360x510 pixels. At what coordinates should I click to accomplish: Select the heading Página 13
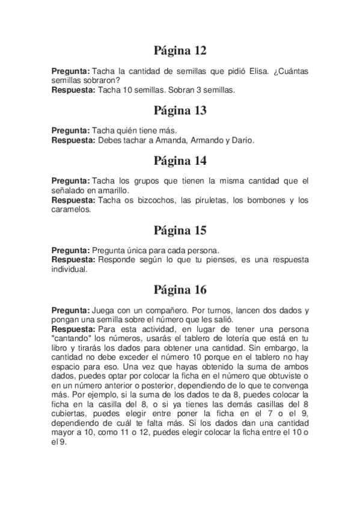[x=180, y=110]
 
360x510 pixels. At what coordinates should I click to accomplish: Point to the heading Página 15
[x=180, y=230]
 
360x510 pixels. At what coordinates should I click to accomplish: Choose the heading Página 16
[x=180, y=290]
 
